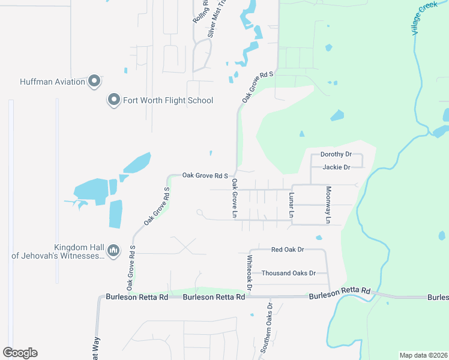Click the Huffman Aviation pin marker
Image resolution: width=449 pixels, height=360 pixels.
[94, 81]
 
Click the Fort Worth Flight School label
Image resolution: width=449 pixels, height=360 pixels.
[168, 100]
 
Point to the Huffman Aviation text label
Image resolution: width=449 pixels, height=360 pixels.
[52, 82]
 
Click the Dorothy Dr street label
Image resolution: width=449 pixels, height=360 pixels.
[336, 154]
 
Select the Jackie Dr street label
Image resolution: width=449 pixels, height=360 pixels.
[336, 167]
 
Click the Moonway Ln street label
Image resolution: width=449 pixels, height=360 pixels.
[328, 205]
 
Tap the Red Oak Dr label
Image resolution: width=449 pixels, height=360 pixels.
[288, 249]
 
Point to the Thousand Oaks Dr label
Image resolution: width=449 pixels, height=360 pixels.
[288, 273]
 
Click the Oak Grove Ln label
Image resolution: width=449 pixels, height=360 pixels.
[235, 198]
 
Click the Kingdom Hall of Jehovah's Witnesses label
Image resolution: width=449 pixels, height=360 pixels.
[58, 251]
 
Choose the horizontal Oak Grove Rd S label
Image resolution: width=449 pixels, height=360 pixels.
[205, 176]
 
